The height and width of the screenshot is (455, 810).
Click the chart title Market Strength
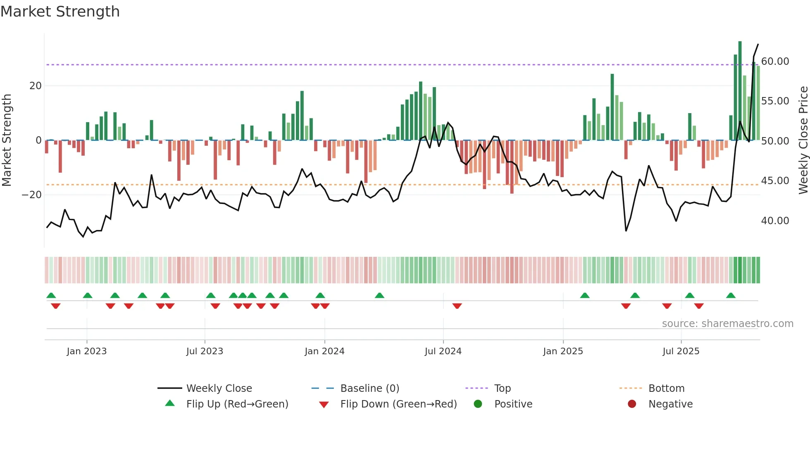pyautogui.click(x=60, y=12)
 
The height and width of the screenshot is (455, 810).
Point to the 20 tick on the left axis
pyautogui.click(x=36, y=86)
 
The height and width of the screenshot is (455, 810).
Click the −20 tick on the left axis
pyautogui.click(x=32, y=195)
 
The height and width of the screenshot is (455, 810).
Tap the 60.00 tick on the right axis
pyautogui.click(x=775, y=62)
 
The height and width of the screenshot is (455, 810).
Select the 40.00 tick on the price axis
pyautogui.click(x=775, y=221)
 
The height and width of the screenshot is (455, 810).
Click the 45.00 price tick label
pyautogui.click(x=775, y=181)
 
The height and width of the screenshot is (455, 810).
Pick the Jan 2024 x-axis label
pyautogui.click(x=324, y=351)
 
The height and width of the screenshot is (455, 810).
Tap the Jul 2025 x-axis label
pyautogui.click(x=681, y=351)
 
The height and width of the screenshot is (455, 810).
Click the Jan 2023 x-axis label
pyautogui.click(x=87, y=351)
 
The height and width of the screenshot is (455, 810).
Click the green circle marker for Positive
pyautogui.click(x=478, y=404)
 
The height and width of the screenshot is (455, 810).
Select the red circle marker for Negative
pyautogui.click(x=632, y=404)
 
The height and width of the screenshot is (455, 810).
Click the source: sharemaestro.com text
pyautogui.click(x=727, y=324)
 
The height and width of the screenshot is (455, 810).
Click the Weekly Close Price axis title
pyautogui.click(x=803, y=140)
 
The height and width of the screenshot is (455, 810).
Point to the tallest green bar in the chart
pyautogui.click(x=740, y=91)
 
